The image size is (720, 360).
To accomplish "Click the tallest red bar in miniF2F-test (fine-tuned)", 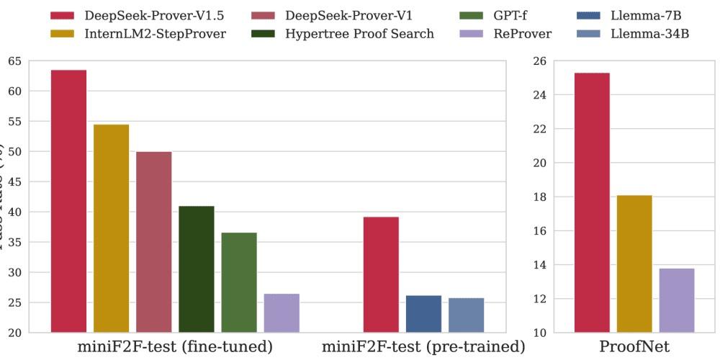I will click(68, 202).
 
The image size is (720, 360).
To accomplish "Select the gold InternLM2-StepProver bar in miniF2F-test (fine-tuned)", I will click(111, 229).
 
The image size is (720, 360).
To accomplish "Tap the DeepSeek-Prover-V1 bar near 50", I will click(154, 243).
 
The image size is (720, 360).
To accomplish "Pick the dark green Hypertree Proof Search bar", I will click(197, 269).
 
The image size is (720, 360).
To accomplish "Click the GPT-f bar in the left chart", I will click(239, 283).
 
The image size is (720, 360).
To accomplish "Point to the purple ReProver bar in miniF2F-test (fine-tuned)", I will click(282, 313).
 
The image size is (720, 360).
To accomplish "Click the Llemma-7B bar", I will click(423, 314).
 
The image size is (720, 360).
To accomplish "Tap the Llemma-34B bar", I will click(466, 315).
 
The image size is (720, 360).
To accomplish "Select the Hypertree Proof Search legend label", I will click(359, 34).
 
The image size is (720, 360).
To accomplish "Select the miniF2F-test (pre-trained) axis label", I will click(423, 347).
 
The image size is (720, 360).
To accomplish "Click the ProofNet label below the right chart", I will click(634, 347).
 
